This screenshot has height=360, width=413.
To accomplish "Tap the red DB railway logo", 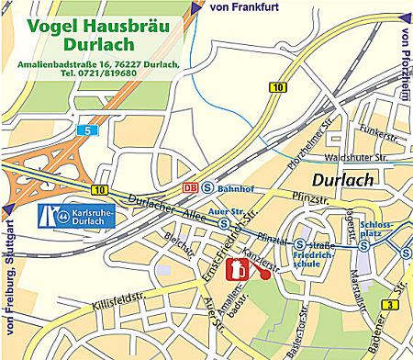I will click(191, 187).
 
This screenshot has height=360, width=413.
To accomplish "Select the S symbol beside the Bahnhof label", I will click(209, 187).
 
